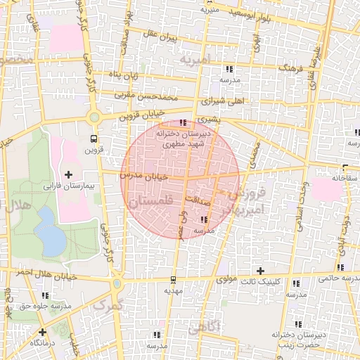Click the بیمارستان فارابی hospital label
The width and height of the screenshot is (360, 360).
pos(67,187)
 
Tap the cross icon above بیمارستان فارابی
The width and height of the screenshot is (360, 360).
pos(68,174)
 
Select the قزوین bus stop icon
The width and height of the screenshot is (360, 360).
pos(94,139)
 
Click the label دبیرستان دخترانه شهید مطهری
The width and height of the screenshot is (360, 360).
pos(181,138)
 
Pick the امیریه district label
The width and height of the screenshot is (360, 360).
pos(195,60)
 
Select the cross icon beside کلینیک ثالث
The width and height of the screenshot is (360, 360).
pos(260,271)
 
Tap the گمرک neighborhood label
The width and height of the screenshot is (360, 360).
pos(108,305)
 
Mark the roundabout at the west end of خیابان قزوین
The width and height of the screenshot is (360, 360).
pos(94,117)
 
